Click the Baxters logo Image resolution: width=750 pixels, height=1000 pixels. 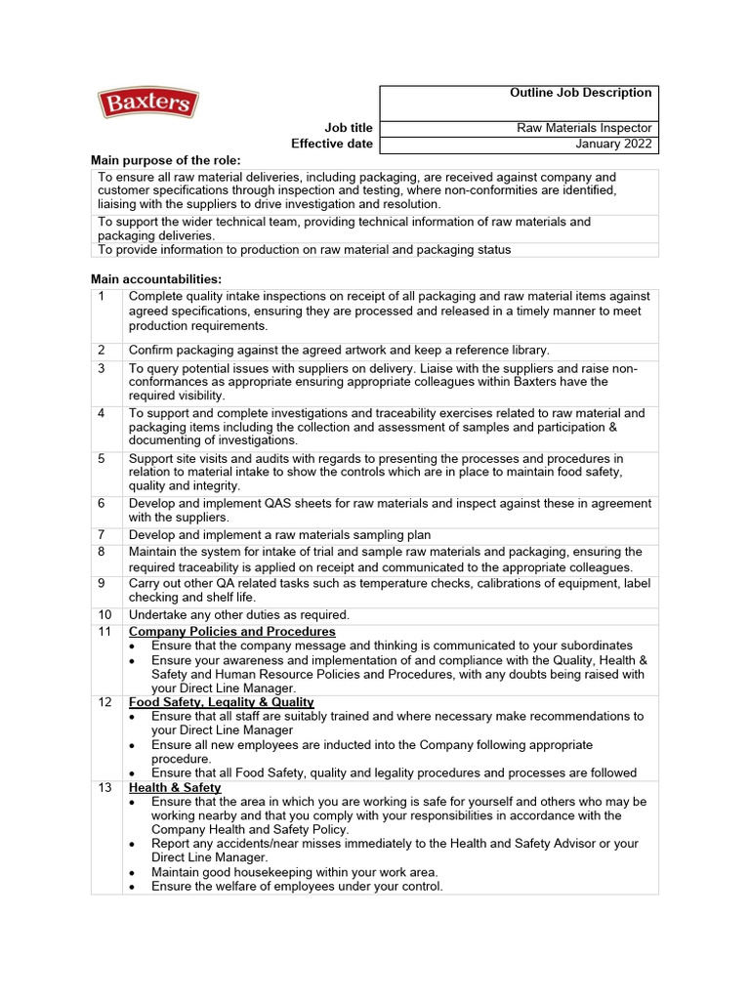tap(147, 104)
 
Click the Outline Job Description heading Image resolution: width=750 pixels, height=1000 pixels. tap(580, 93)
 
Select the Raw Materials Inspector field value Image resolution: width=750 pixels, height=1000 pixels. tap(584, 128)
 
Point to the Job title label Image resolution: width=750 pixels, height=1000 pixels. tap(349, 128)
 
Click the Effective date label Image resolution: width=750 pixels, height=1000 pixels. tap(332, 145)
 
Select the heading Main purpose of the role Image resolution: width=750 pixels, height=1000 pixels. tap(165, 160)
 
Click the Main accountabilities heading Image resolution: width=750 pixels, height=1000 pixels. tap(156, 279)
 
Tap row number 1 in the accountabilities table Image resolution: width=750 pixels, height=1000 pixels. tap(102, 296)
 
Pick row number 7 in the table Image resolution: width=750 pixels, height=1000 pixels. tap(102, 535)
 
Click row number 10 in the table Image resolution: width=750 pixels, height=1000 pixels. tap(105, 614)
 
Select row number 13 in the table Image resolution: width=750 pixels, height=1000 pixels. tap(105, 788)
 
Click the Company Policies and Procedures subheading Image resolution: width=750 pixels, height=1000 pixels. tap(231, 632)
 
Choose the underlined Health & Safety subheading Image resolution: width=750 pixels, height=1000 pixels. tap(175, 788)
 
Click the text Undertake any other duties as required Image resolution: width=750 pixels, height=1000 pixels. tap(238, 614)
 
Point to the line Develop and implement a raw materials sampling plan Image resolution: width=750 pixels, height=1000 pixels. tap(279, 535)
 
